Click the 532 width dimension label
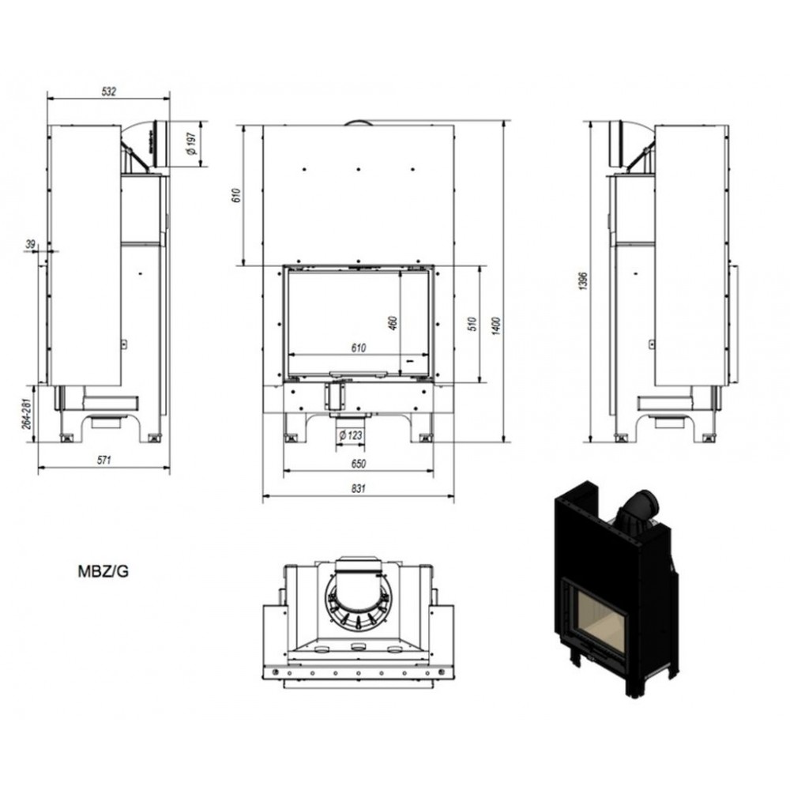click(109, 91)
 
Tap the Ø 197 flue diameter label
click(191, 144)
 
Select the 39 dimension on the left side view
click(31, 244)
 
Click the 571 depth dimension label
click(103, 460)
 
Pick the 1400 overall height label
click(496, 326)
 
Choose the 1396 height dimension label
click(583, 281)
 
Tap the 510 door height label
click(472, 323)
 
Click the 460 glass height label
click(393, 323)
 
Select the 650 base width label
click(358, 464)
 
